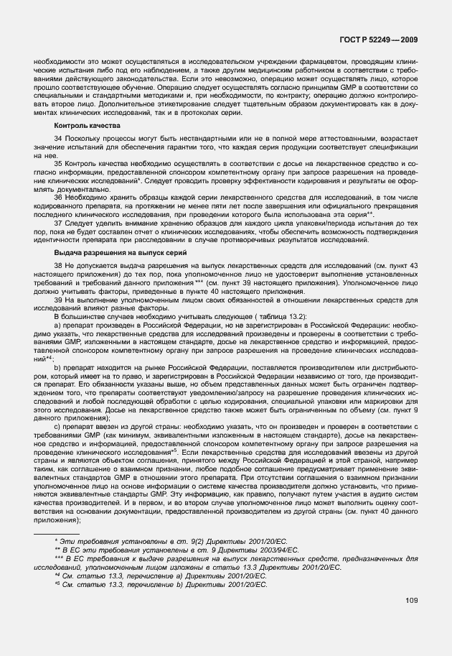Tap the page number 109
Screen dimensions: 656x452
[x=412, y=601]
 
